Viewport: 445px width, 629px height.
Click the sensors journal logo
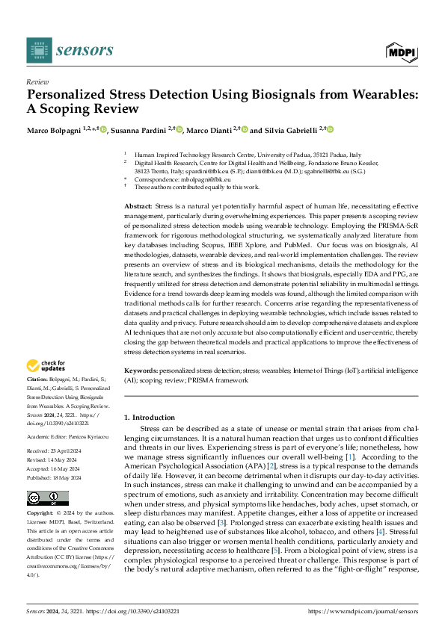point(70,49)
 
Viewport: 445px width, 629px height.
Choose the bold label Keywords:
point(140,370)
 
